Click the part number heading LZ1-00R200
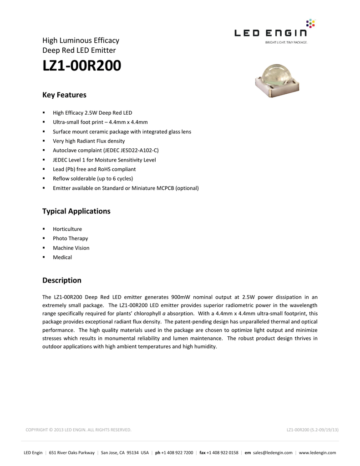82,66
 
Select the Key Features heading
64,95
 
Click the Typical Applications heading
76,211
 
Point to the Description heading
62,280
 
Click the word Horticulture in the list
67,229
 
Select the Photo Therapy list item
71,238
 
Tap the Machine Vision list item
71,248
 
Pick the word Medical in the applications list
62,257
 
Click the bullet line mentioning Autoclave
106,150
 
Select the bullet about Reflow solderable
93,178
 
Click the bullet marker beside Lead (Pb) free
44,169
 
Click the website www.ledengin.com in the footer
317,453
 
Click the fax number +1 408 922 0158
222,453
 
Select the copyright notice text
78,430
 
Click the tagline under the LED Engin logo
283,42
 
